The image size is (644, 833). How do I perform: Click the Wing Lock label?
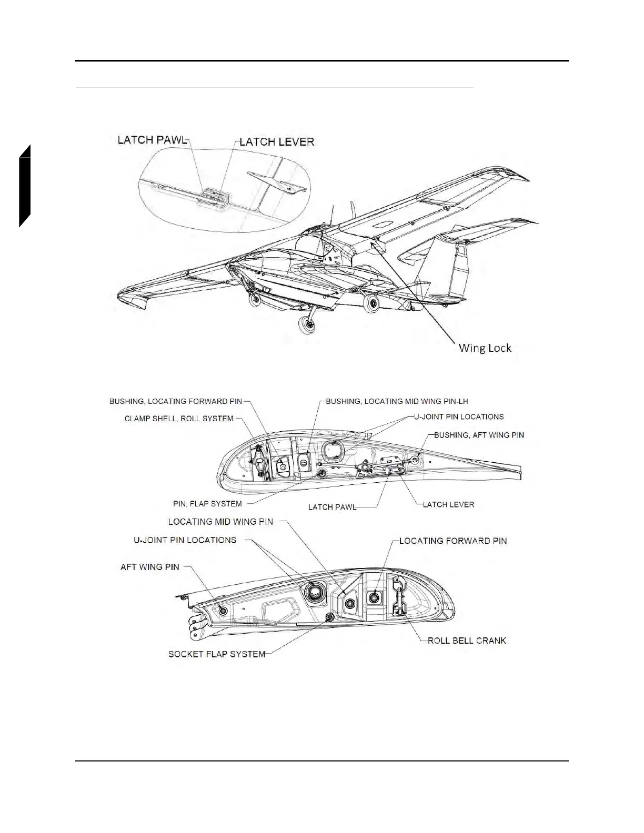485,348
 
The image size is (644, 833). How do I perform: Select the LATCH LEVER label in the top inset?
277,141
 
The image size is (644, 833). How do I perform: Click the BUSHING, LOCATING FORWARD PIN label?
176,401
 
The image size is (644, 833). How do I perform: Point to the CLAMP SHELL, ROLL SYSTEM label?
179,419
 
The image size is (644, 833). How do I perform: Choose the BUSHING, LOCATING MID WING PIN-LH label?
397,401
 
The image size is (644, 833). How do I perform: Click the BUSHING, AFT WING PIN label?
479,435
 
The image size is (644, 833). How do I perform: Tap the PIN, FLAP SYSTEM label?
207,503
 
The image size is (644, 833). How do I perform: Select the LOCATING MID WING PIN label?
220,522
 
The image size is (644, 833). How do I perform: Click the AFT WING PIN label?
150,567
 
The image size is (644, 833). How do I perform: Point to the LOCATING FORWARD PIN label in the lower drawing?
453,541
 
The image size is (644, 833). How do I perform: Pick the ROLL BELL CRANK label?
467,641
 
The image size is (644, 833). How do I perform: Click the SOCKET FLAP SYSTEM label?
217,654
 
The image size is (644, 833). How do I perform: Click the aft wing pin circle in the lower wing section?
222,611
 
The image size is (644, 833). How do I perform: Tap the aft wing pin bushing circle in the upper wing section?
415,460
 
